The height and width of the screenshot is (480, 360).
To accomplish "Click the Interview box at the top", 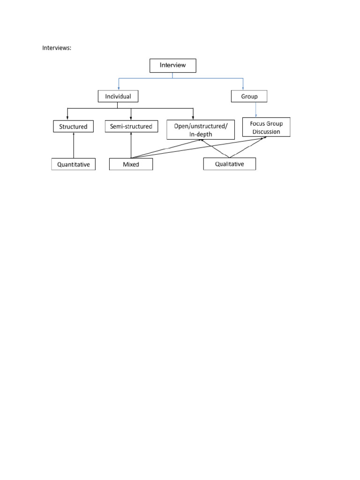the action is click(x=172, y=65).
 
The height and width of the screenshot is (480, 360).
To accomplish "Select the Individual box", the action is click(x=118, y=97).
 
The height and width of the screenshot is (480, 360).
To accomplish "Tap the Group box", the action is click(x=249, y=97).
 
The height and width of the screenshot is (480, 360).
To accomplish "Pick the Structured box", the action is click(x=73, y=127).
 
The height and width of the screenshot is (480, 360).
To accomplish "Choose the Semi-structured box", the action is click(x=131, y=126).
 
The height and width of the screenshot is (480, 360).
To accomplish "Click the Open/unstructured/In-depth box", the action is click(x=200, y=129).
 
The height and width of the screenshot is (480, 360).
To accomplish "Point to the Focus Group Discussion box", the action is click(x=266, y=127).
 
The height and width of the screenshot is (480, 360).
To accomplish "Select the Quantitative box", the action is click(x=74, y=164).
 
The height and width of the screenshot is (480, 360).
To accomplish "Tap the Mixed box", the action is click(x=131, y=164).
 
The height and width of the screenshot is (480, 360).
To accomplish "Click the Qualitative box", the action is click(x=229, y=164).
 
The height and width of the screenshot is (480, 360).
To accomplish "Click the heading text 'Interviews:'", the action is click(x=57, y=48).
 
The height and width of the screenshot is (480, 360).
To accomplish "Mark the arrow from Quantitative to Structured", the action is click(x=74, y=145).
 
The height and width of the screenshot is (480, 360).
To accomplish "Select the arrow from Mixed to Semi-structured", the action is click(x=131, y=145).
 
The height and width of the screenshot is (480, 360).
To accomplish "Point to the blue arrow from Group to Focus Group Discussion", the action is click(x=255, y=110).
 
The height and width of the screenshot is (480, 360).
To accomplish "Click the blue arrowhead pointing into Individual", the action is click(x=119, y=88).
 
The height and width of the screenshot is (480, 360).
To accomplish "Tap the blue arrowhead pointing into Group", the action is click(x=243, y=88).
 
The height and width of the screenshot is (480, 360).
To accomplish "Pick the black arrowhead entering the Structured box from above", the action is click(x=68, y=118).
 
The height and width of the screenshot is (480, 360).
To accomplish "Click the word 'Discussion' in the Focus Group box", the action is click(x=266, y=132).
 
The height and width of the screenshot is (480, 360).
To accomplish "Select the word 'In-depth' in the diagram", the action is click(x=200, y=134).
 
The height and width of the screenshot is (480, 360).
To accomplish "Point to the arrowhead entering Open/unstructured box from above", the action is click(x=193, y=118).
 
